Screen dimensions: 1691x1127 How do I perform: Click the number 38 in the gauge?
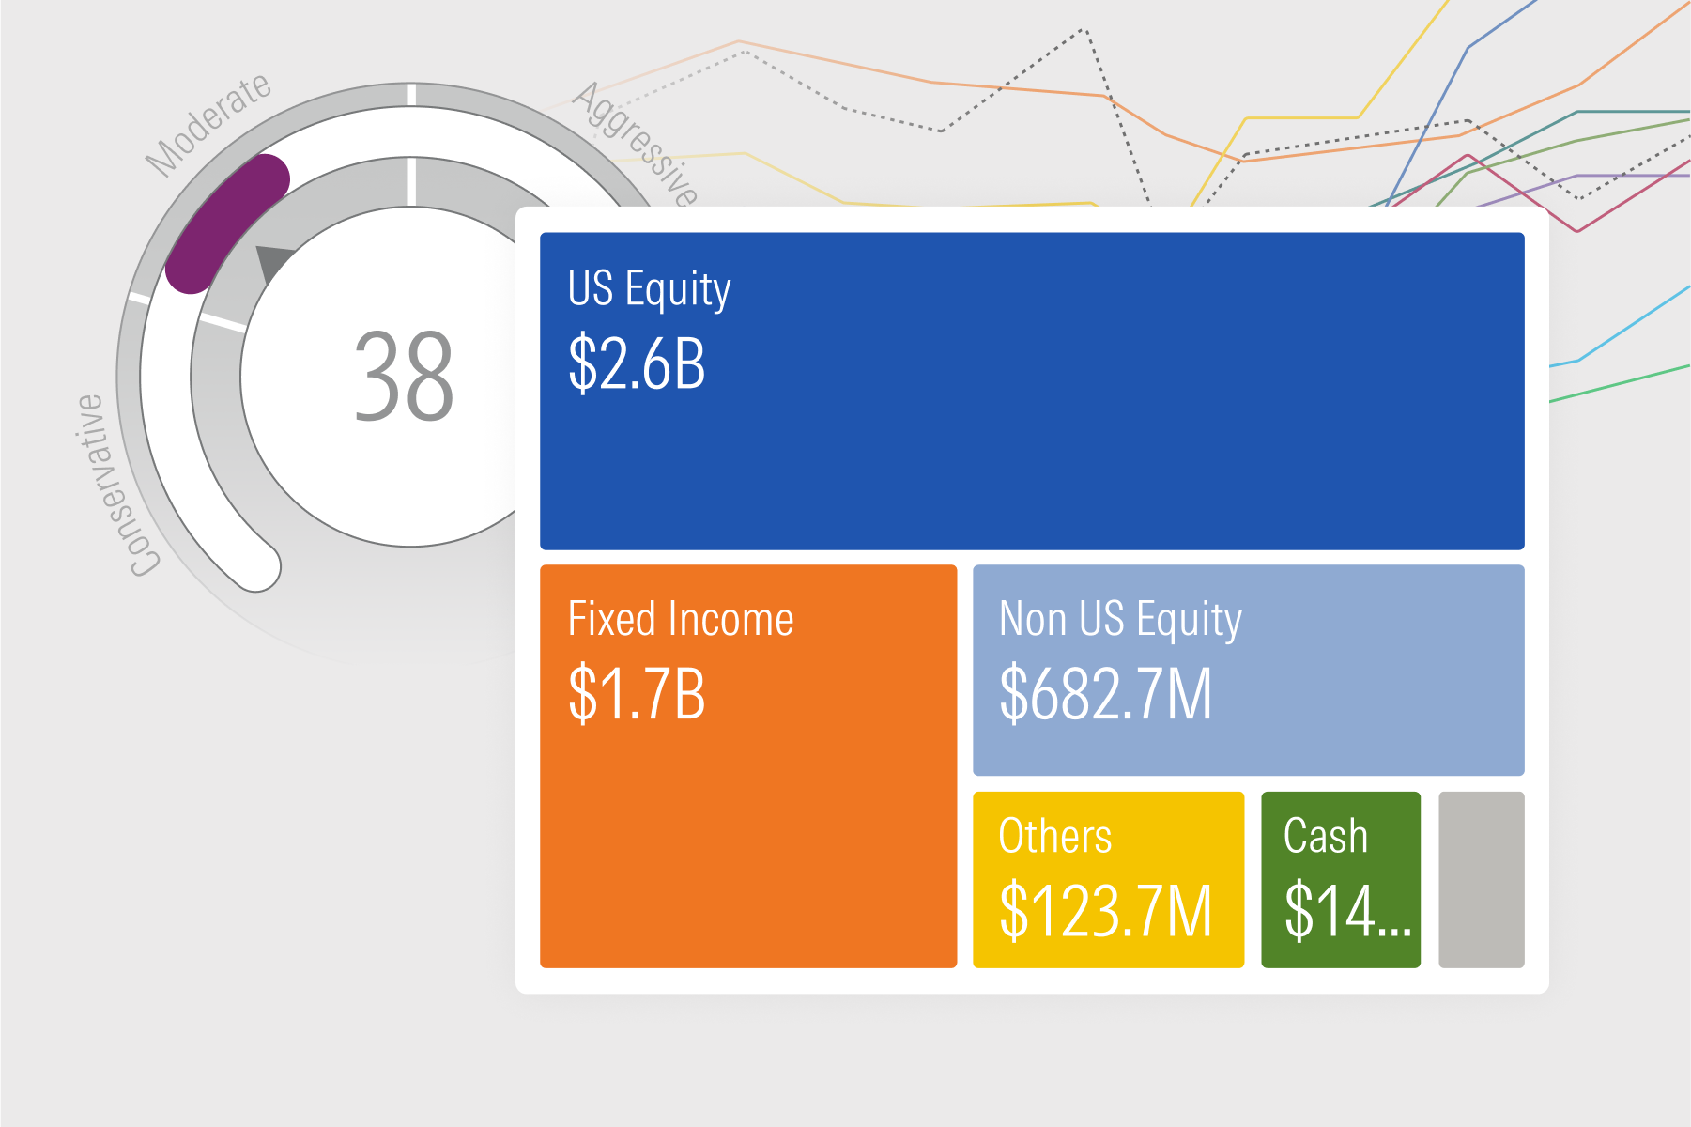pos(404,377)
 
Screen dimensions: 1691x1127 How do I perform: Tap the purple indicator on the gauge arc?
pos(226,223)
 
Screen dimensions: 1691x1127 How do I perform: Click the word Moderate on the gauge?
pos(208,124)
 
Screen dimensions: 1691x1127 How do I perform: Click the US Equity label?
pos(649,289)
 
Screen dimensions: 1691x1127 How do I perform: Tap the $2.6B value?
pos(637,363)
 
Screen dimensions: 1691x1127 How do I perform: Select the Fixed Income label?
pos(681,619)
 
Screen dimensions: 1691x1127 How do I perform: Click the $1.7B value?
pos(637,694)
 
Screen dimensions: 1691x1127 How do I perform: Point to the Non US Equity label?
pos(1120,620)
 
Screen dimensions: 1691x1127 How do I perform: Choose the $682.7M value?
pos(1105,693)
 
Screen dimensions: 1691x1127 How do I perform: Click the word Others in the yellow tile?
pos(1055,836)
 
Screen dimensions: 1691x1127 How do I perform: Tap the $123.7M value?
pos(1105,910)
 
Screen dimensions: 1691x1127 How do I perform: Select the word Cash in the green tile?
pos(1326,836)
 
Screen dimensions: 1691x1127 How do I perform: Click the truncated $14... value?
pos(1348,910)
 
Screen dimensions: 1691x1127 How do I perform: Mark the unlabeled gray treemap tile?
pos(1482,880)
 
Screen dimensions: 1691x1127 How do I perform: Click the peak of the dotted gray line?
pos(1084,30)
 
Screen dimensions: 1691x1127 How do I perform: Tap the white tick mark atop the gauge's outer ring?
pos(411,94)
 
